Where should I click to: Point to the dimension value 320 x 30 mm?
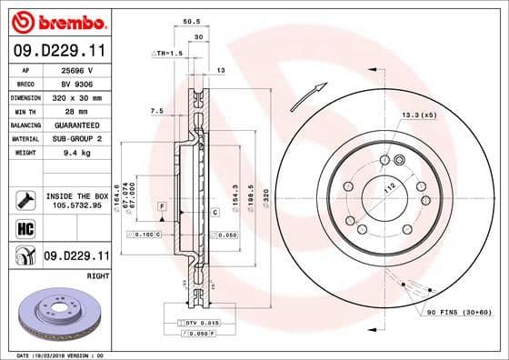pos(77,96)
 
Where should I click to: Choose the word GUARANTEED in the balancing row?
pos(79,125)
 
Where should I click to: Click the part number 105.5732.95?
pos(76,205)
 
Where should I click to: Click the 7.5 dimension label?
pos(155,111)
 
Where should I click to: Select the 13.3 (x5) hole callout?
pos(418,115)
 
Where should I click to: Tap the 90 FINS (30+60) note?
pos(457,312)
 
